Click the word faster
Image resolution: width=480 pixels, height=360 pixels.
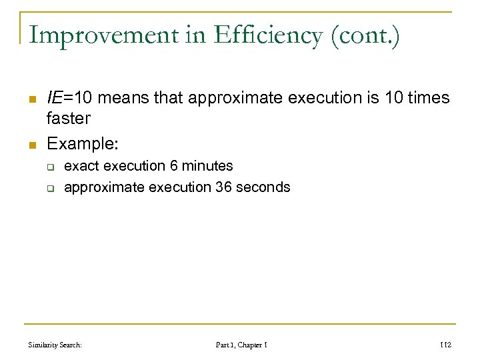tap(68, 119)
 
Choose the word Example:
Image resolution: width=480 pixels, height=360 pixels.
tap(82, 143)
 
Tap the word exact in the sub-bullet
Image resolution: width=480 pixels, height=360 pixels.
tap(80, 166)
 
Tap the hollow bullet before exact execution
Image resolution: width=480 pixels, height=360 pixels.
tap(50, 167)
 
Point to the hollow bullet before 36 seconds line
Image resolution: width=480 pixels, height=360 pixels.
tap(50, 188)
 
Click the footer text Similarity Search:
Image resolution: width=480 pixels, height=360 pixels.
tap(55, 345)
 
